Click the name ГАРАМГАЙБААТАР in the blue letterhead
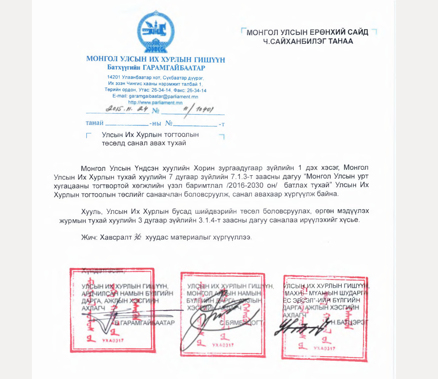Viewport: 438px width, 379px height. [x=177, y=68]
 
